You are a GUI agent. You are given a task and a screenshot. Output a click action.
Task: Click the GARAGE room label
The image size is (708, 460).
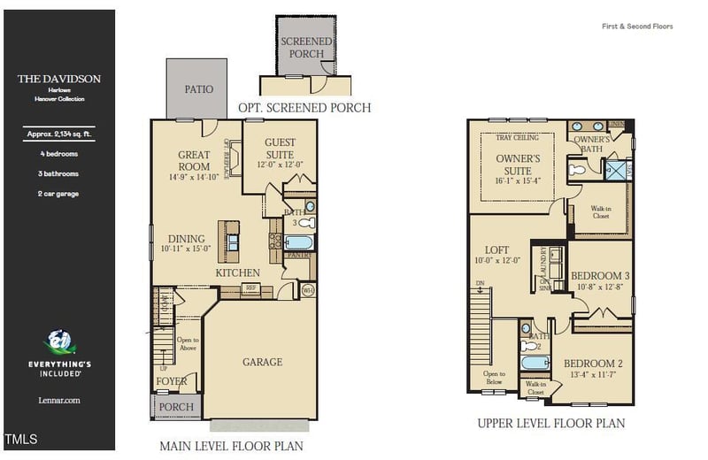pyautogui.click(x=263, y=362)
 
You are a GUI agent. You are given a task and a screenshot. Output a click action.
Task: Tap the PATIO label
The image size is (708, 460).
pyautogui.click(x=198, y=89)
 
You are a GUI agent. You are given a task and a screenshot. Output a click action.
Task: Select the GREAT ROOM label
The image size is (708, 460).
pyautogui.click(x=194, y=161)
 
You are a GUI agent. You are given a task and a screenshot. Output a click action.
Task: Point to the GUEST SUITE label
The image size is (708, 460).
pyautogui.click(x=280, y=148)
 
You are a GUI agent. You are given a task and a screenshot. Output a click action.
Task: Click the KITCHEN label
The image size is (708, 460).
pyautogui.click(x=238, y=273)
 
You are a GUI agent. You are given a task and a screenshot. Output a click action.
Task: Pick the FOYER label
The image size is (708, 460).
pyautogui.click(x=172, y=382)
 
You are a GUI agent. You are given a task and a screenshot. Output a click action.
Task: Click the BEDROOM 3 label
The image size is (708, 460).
pyautogui.click(x=601, y=275)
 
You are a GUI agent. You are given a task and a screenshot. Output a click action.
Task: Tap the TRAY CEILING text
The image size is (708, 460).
pyautogui.click(x=516, y=138)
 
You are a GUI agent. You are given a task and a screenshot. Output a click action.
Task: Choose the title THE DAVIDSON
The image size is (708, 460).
pyautogui.click(x=59, y=79)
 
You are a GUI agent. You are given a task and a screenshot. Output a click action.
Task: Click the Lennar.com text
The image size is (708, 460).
pyautogui.click(x=60, y=400)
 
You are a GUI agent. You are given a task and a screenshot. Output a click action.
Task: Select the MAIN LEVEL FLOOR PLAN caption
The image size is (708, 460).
pyautogui.click(x=230, y=446)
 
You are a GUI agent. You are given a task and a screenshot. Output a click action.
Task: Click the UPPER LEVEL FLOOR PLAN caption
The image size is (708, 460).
pyautogui.click(x=550, y=424)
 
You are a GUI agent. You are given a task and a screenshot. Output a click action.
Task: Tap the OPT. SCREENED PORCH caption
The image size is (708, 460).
pyautogui.click(x=304, y=108)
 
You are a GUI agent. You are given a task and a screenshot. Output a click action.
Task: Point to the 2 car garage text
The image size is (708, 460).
pyautogui.click(x=60, y=194)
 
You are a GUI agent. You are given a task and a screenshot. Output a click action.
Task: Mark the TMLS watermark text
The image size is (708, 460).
pyautogui.click(x=21, y=440)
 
